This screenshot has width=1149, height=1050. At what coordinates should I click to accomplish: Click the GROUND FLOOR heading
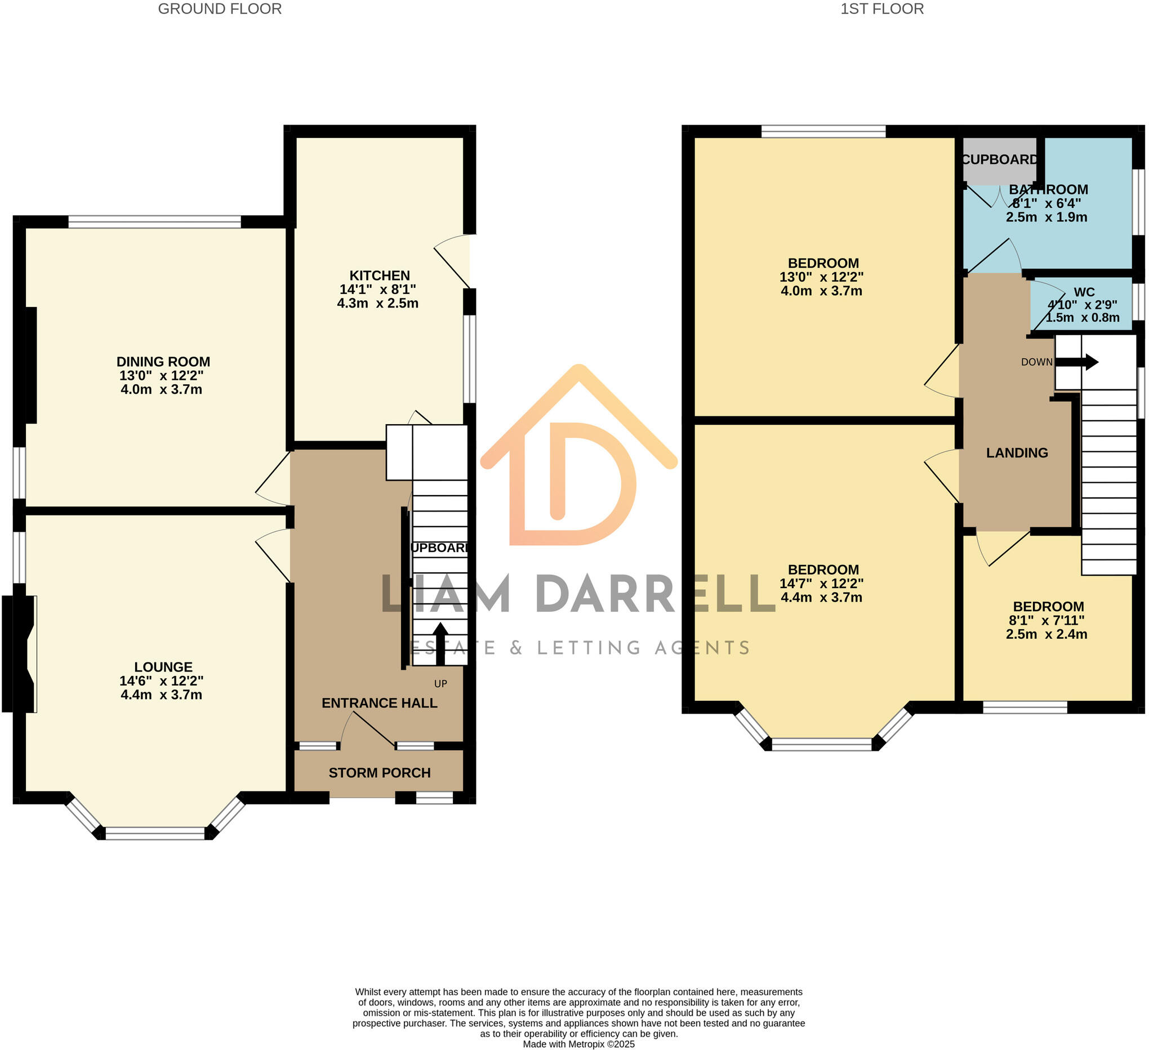[x=220, y=9]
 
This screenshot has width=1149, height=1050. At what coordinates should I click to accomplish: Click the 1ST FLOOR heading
[x=881, y=9]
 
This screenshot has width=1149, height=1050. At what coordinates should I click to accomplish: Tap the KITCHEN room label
[x=379, y=275]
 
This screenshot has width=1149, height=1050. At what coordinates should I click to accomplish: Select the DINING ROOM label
[x=163, y=362]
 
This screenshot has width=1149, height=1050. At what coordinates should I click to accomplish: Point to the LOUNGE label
[x=163, y=666]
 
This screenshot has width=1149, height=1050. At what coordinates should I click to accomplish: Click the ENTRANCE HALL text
[x=379, y=703]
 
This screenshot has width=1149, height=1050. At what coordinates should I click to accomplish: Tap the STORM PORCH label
[x=379, y=772]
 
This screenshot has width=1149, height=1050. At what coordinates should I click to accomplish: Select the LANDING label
[x=1017, y=452]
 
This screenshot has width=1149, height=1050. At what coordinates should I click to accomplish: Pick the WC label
[x=1084, y=292]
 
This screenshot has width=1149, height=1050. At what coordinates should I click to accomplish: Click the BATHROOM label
[x=1048, y=189]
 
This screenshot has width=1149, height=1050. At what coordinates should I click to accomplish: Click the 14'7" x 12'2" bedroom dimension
[x=821, y=583]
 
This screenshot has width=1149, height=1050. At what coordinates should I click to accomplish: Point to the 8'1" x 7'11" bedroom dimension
[x=1046, y=620]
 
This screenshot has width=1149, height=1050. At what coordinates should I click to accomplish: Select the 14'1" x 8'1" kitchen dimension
[x=377, y=289]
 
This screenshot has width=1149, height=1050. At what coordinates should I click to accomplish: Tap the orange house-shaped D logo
[x=578, y=456]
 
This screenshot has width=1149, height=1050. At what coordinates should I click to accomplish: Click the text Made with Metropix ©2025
[x=578, y=1044]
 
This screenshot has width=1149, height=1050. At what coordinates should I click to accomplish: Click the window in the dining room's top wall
[x=154, y=222]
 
